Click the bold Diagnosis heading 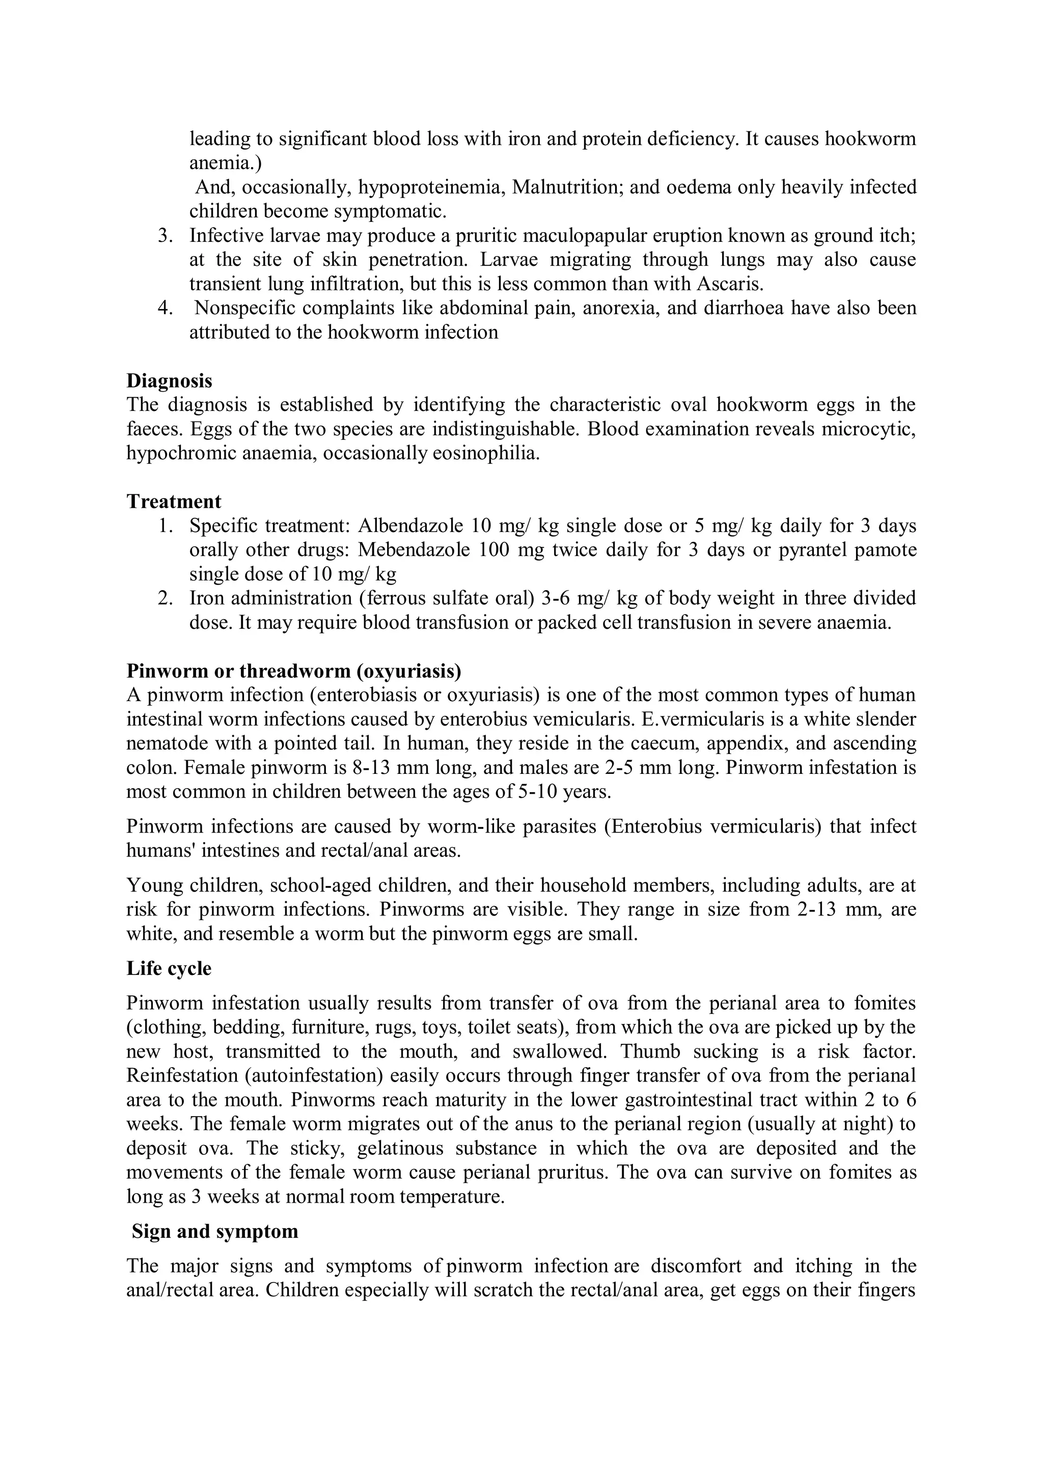point(169,380)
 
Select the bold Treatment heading point(174,501)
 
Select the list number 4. point(165,309)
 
